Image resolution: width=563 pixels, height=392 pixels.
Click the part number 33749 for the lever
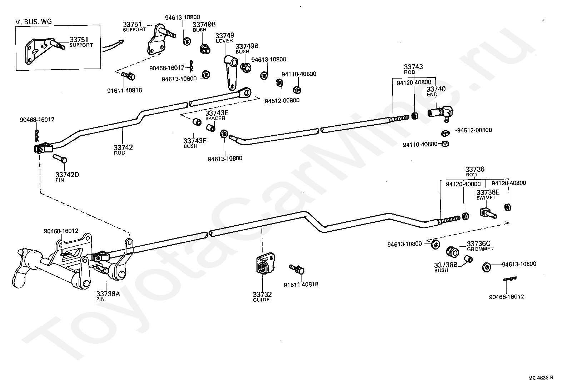(x=225, y=35)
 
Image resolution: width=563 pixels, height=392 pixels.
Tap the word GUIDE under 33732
(x=261, y=300)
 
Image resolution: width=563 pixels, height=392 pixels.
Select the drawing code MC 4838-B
(x=540, y=385)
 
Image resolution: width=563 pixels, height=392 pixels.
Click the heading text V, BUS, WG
(x=34, y=21)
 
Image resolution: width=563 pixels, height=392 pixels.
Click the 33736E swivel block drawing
(x=488, y=214)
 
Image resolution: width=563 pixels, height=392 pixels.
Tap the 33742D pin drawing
(x=60, y=159)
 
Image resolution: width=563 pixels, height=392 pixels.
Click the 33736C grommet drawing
(x=452, y=252)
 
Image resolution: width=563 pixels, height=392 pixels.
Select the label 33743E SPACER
(x=216, y=116)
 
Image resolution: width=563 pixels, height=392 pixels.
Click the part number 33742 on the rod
(x=123, y=147)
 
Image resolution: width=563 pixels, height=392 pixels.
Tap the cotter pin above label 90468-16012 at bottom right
(x=510, y=279)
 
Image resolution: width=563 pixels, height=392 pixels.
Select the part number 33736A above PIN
(x=108, y=293)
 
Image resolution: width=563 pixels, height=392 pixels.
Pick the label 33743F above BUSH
(x=195, y=141)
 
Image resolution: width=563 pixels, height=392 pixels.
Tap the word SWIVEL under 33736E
(x=486, y=198)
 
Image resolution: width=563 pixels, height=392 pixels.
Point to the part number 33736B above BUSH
(x=445, y=265)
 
